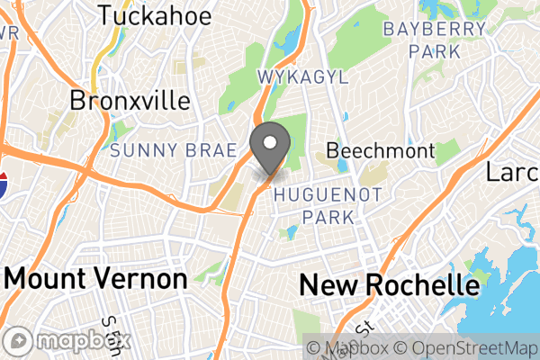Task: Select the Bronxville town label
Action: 130,99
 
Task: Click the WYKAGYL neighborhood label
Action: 302,77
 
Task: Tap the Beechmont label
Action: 380,150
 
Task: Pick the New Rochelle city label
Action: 389,286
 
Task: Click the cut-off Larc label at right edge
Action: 513,171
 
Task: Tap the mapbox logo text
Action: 82,341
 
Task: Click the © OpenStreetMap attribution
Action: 464,347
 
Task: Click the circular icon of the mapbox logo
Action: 19,341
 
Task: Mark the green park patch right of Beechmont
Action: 447,151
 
